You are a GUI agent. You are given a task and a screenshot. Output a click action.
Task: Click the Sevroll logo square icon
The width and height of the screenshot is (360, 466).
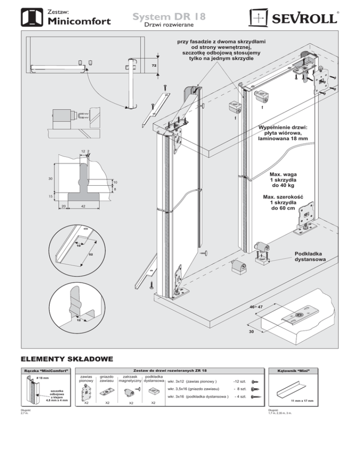[x=259, y=18]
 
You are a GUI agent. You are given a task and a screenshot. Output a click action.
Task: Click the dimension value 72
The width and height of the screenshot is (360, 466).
[x=153, y=66]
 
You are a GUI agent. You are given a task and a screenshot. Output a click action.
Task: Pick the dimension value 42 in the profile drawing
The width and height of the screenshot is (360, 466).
[x=82, y=206]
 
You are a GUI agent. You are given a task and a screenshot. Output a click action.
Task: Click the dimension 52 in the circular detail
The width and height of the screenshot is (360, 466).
[x=90, y=256]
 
